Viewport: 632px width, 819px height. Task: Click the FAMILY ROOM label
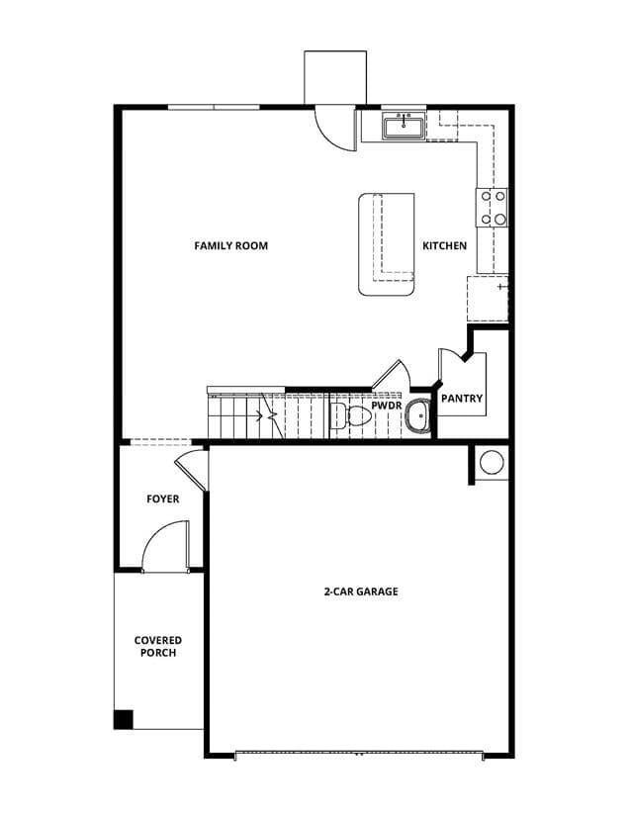pyautogui.click(x=230, y=245)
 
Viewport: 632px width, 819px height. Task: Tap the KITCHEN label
pyautogui.click(x=444, y=245)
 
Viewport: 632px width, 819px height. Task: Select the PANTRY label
pyautogui.click(x=462, y=399)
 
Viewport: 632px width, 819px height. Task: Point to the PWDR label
pyautogui.click(x=387, y=406)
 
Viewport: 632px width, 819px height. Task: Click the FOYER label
pyautogui.click(x=163, y=499)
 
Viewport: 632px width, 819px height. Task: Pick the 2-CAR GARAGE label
pyautogui.click(x=361, y=591)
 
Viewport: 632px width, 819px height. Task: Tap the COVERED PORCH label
pyautogui.click(x=158, y=646)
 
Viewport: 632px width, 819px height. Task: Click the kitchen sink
pyautogui.click(x=404, y=127)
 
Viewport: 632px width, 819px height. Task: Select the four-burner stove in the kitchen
pyautogui.click(x=492, y=208)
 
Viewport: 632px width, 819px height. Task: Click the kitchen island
pyautogui.click(x=387, y=244)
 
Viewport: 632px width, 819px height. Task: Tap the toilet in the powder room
pyautogui.click(x=350, y=415)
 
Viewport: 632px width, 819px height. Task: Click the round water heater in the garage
pyautogui.click(x=492, y=463)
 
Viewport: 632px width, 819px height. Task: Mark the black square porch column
pyautogui.click(x=124, y=719)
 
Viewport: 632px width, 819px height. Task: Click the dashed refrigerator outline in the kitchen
pyautogui.click(x=488, y=299)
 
